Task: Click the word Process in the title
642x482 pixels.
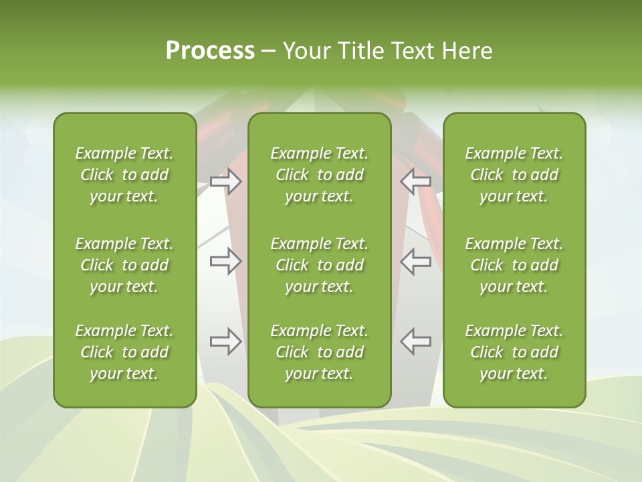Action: coord(210,51)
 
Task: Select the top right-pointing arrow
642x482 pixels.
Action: coord(225,181)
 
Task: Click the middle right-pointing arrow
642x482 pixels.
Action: coord(225,261)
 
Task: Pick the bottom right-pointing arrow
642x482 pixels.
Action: coord(225,341)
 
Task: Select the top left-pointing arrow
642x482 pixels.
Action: coord(416,181)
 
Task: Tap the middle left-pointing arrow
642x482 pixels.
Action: coord(416,261)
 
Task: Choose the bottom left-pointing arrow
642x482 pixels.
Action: coord(416,341)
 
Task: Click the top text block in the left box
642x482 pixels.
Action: coord(124,175)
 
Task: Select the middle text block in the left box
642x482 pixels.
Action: coord(124,265)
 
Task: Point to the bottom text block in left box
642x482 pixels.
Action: coord(124,352)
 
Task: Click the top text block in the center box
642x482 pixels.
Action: coord(319,175)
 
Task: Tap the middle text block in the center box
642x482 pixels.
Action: coord(319,265)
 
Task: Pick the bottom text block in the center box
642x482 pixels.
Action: coord(319,352)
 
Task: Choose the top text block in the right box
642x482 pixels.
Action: coord(514,175)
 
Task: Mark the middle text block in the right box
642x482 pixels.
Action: coord(514,265)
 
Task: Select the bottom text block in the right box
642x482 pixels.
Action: coord(514,352)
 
